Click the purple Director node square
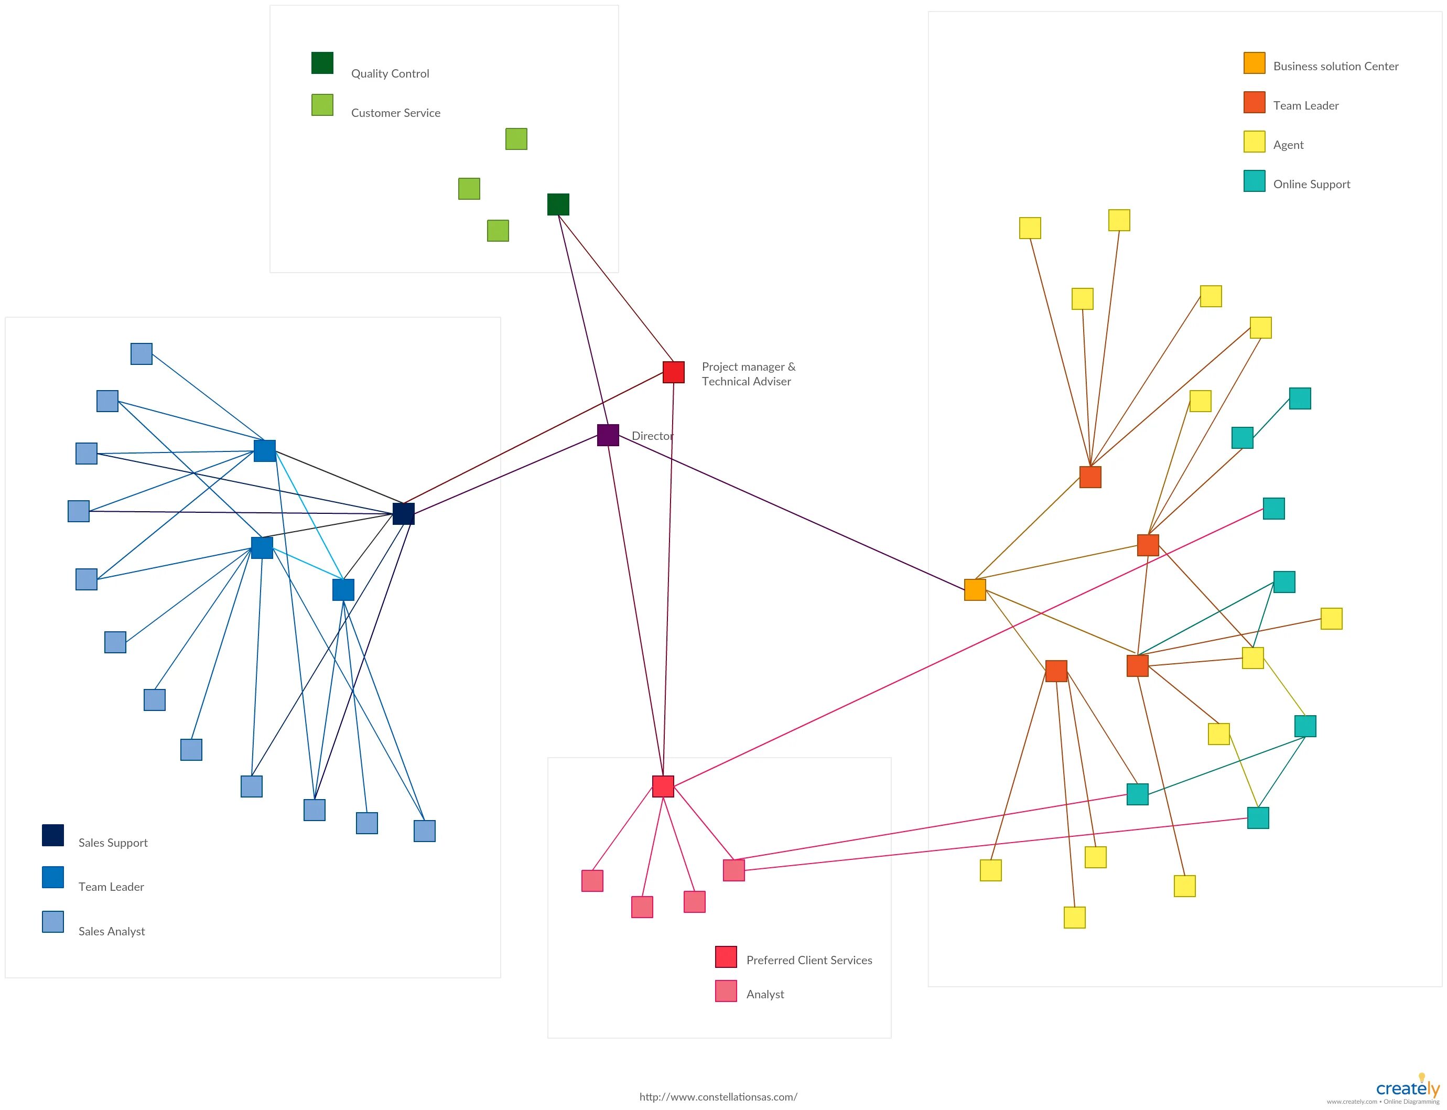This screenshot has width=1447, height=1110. click(x=608, y=435)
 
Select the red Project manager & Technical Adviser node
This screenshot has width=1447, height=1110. click(x=673, y=372)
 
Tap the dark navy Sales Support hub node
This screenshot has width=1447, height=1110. click(x=403, y=513)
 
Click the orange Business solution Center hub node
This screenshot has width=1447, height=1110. click(x=975, y=589)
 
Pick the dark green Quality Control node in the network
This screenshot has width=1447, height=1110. click(x=558, y=204)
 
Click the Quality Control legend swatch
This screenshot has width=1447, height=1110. click(x=322, y=63)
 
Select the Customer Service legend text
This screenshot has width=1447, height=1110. click(x=395, y=113)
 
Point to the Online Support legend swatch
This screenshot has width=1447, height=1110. click(x=1254, y=181)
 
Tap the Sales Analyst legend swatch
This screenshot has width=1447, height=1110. click(x=53, y=922)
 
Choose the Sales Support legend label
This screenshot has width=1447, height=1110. click(x=113, y=843)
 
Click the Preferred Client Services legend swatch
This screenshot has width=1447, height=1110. click(x=726, y=957)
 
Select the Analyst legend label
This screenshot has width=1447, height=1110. click(x=764, y=994)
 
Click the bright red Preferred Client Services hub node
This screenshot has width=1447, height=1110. click(x=663, y=786)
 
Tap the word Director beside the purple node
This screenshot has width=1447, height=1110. click(x=652, y=436)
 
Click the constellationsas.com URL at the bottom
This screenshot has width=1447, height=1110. click(x=718, y=1097)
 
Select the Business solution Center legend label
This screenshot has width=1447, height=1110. click(x=1335, y=66)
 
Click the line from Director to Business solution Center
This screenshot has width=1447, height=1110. click(x=793, y=513)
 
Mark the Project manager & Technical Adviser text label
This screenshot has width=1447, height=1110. click(x=748, y=374)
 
